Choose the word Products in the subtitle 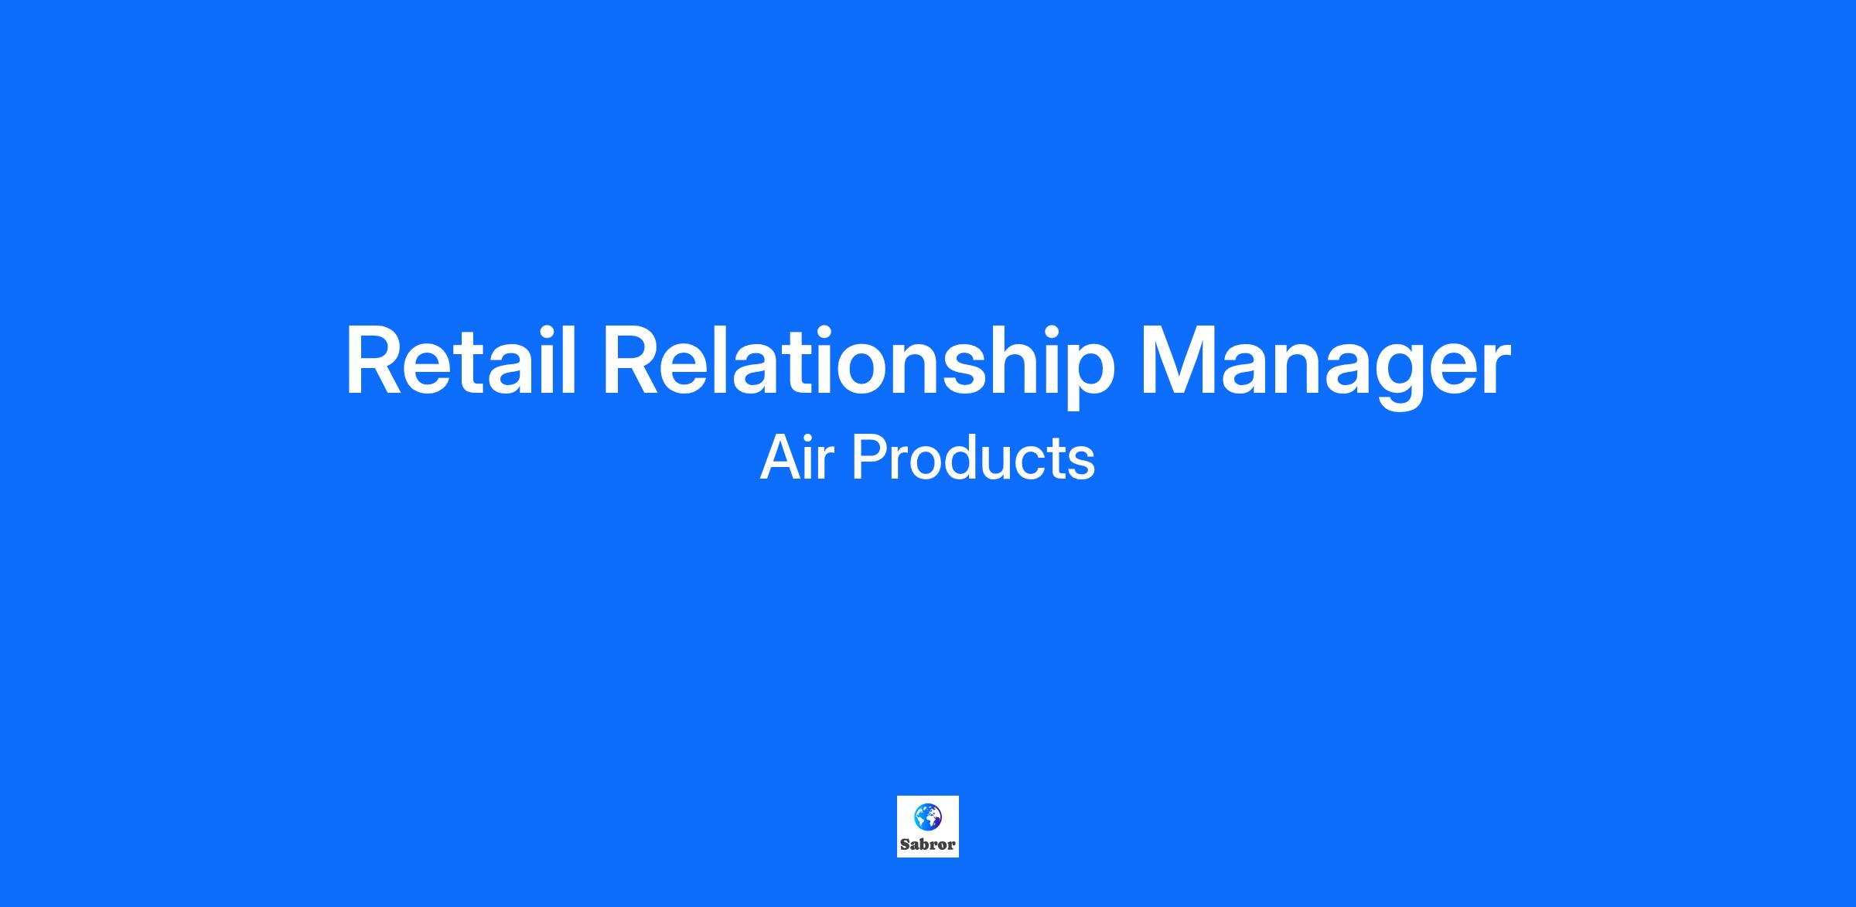973,457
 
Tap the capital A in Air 781,457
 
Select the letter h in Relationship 1016,361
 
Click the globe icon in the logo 927,817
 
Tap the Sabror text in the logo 928,844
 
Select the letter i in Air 812,457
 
